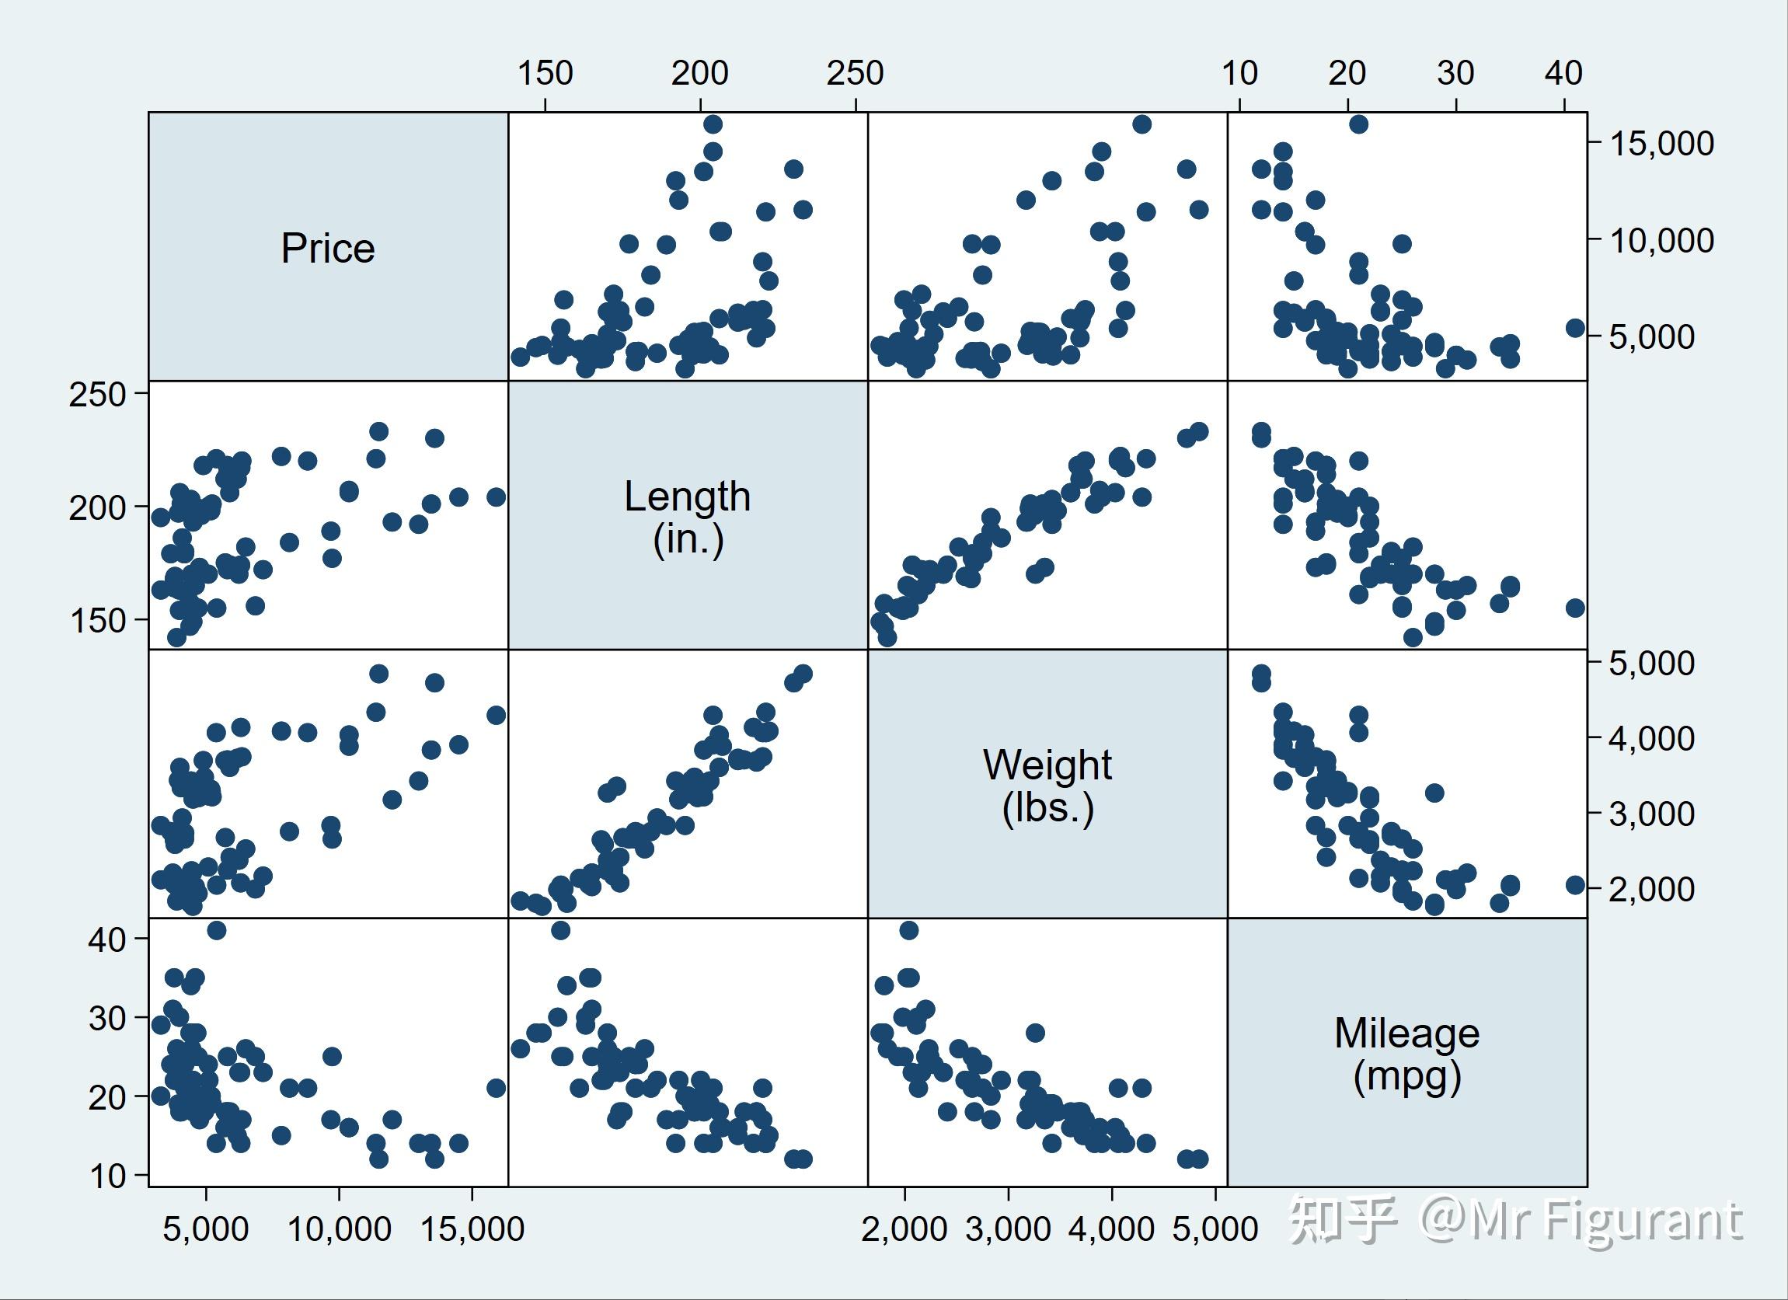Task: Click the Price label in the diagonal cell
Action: (x=328, y=249)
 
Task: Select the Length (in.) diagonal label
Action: (x=688, y=518)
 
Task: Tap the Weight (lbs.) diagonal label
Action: (x=1047, y=786)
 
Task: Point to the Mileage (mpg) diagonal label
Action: (x=1406, y=1054)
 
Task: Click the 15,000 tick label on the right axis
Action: (x=1661, y=144)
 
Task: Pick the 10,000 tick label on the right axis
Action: (x=1661, y=240)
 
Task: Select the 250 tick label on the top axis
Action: (x=855, y=73)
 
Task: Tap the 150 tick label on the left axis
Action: (x=97, y=621)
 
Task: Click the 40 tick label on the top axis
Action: (x=1563, y=73)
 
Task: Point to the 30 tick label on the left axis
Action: (x=106, y=1019)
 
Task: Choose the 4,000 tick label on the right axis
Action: (x=1651, y=739)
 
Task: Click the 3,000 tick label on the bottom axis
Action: (x=1009, y=1229)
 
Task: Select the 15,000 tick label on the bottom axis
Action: (x=472, y=1229)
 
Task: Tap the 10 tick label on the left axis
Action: (x=106, y=1176)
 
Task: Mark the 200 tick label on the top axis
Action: (x=699, y=73)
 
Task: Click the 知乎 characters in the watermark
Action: (x=1343, y=1221)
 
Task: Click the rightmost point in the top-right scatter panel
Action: (x=1574, y=328)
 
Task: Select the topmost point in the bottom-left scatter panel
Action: (x=217, y=930)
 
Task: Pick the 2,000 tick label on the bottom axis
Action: (x=904, y=1229)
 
